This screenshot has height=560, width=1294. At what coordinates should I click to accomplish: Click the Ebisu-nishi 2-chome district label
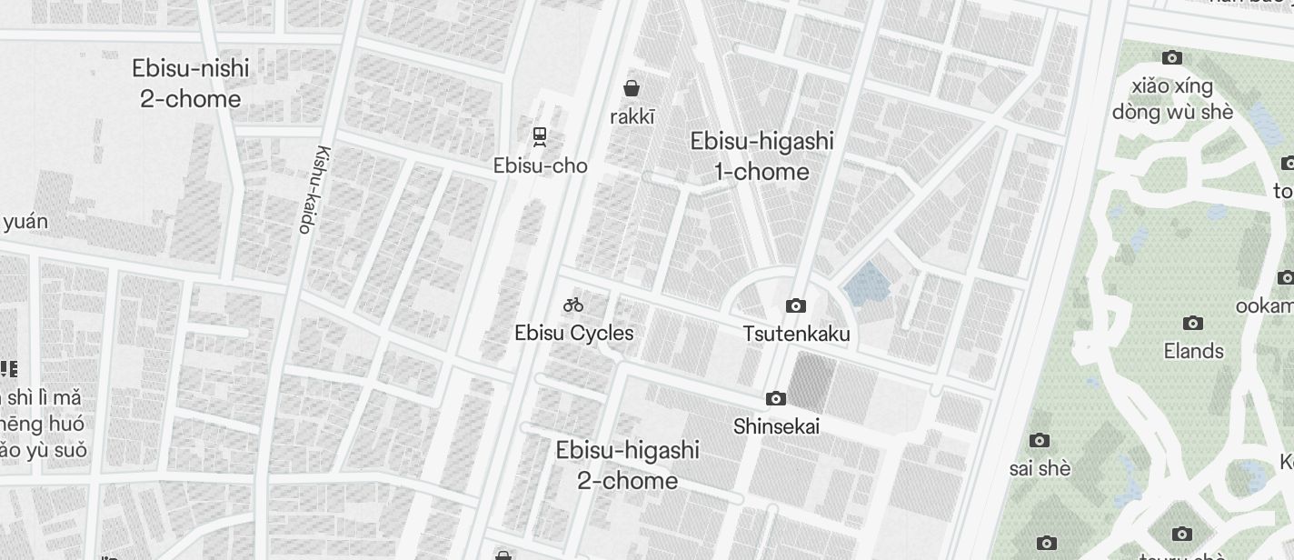(190, 84)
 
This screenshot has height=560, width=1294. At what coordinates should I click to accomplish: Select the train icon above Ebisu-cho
(540, 137)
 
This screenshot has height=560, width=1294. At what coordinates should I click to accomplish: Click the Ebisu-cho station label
(540, 165)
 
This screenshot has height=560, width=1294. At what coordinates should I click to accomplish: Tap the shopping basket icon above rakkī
(632, 88)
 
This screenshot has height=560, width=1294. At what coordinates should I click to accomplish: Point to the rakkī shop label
(632, 116)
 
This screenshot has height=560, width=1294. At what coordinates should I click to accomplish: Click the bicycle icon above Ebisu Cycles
(572, 305)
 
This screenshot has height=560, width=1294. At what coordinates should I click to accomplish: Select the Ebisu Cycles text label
(573, 333)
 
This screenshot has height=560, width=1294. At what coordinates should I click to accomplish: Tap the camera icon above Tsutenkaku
(796, 305)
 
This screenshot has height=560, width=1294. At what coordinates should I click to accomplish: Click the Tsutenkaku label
(796, 334)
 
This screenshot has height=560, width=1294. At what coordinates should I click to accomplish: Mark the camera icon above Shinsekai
(775, 398)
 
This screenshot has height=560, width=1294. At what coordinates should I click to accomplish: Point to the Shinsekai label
(776, 425)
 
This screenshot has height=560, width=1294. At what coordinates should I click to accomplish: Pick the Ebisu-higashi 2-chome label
(627, 465)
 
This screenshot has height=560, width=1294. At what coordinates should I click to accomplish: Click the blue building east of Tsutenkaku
(867, 285)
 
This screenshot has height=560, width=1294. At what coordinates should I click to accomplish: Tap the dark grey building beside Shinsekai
(811, 383)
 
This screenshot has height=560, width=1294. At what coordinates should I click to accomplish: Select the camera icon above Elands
(1193, 323)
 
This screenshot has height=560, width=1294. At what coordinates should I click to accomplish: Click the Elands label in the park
(1193, 351)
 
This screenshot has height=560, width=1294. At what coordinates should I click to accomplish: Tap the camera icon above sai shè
(1040, 441)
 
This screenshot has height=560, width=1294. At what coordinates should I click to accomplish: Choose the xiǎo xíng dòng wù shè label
(1172, 99)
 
